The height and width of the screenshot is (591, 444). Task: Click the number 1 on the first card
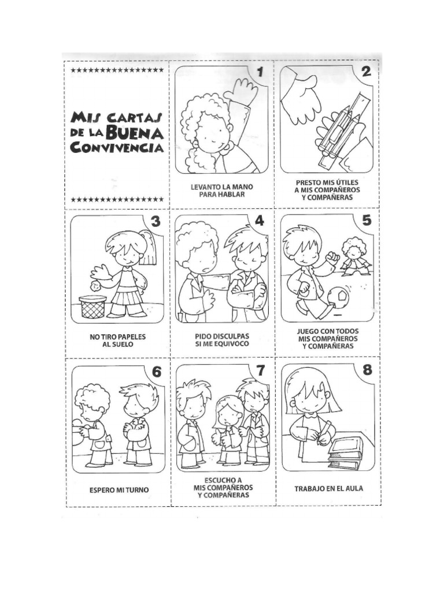pos(260,72)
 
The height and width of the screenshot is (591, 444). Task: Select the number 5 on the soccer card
pos(367,220)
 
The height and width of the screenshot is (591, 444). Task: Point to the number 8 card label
pos(367,370)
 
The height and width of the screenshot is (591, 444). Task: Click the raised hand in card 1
pos(240,91)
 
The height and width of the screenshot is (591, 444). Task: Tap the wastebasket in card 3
pos(92,306)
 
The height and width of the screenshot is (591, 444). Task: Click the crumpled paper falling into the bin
pos(97,283)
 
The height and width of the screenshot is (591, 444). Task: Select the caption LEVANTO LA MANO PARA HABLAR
pos(221,191)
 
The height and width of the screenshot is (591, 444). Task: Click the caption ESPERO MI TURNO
pos(119,490)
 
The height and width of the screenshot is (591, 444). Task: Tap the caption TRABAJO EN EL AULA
pos(328,489)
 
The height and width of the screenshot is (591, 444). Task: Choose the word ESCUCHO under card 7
pos(222,480)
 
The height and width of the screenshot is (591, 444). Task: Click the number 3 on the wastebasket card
pos(155,221)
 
